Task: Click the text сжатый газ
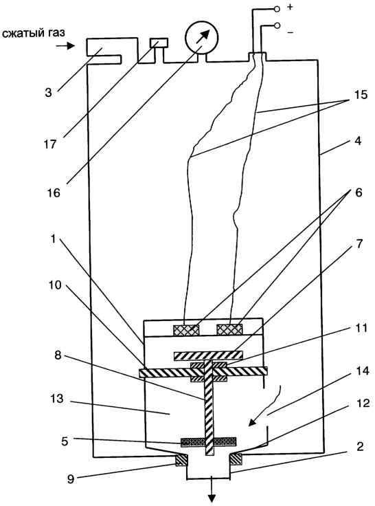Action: (x=33, y=33)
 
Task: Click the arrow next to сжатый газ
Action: (x=65, y=46)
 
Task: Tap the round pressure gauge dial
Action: (x=201, y=37)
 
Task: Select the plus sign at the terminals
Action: (x=290, y=7)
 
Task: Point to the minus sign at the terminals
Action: (x=291, y=32)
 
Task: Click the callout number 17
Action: (x=50, y=144)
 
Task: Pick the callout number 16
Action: (x=54, y=192)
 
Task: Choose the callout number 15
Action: (x=359, y=95)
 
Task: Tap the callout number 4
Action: (x=358, y=141)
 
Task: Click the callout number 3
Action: (x=48, y=93)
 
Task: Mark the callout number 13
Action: (x=57, y=399)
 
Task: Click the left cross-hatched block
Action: (x=186, y=330)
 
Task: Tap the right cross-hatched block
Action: (x=229, y=329)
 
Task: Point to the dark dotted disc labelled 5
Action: (x=209, y=442)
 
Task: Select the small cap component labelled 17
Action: (x=159, y=43)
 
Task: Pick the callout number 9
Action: (x=71, y=479)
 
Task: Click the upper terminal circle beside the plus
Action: (x=277, y=10)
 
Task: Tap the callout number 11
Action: (x=362, y=328)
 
